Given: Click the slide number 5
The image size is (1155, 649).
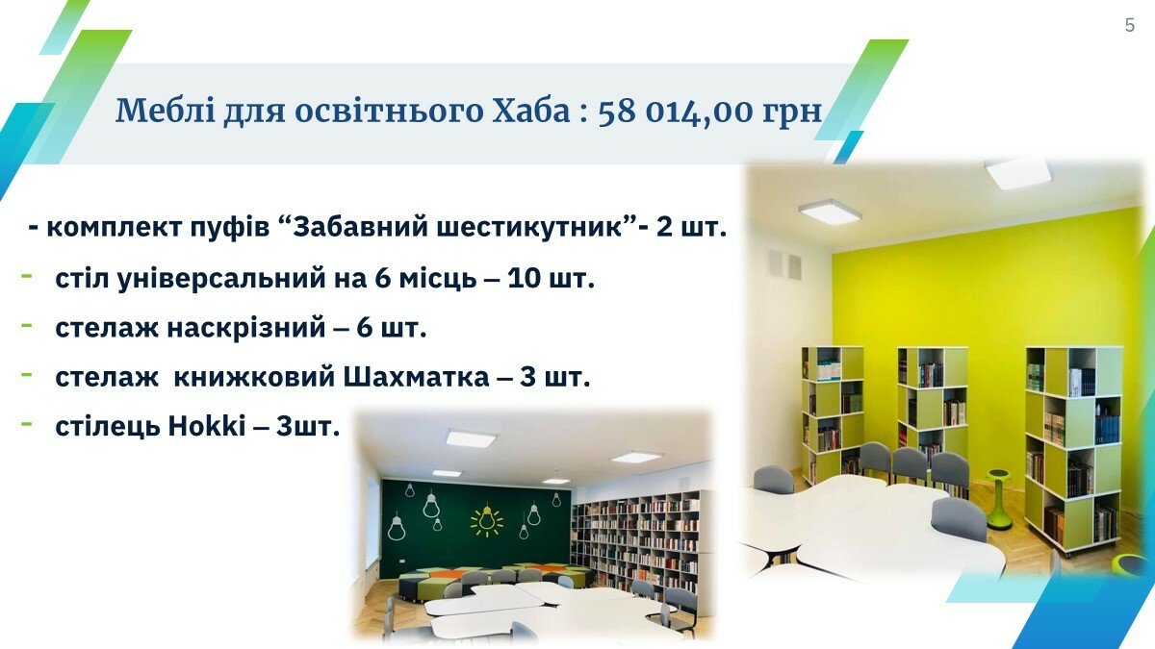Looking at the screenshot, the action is pyautogui.click(x=1130, y=25).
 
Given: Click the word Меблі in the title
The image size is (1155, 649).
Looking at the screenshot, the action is pyautogui.click(x=165, y=111).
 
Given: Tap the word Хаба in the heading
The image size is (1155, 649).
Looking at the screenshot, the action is pyautogui.click(x=531, y=111).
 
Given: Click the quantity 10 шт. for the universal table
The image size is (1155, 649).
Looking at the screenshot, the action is pyautogui.click(x=552, y=278).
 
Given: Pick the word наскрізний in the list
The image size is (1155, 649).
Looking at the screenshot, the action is pyautogui.click(x=246, y=328).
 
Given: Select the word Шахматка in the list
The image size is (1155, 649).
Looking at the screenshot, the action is pyautogui.click(x=416, y=377).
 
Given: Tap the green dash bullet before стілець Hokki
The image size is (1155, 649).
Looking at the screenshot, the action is pyautogui.click(x=26, y=424).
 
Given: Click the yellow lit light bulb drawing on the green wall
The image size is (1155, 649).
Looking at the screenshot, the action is pyautogui.click(x=486, y=520).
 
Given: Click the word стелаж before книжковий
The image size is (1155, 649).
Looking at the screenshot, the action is pyautogui.click(x=107, y=378).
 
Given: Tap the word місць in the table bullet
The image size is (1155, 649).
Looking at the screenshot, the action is pyautogui.click(x=438, y=279).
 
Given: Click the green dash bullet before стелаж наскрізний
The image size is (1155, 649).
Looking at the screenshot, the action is pyautogui.click(x=26, y=326).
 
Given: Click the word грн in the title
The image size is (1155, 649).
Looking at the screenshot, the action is pyautogui.click(x=792, y=113).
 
